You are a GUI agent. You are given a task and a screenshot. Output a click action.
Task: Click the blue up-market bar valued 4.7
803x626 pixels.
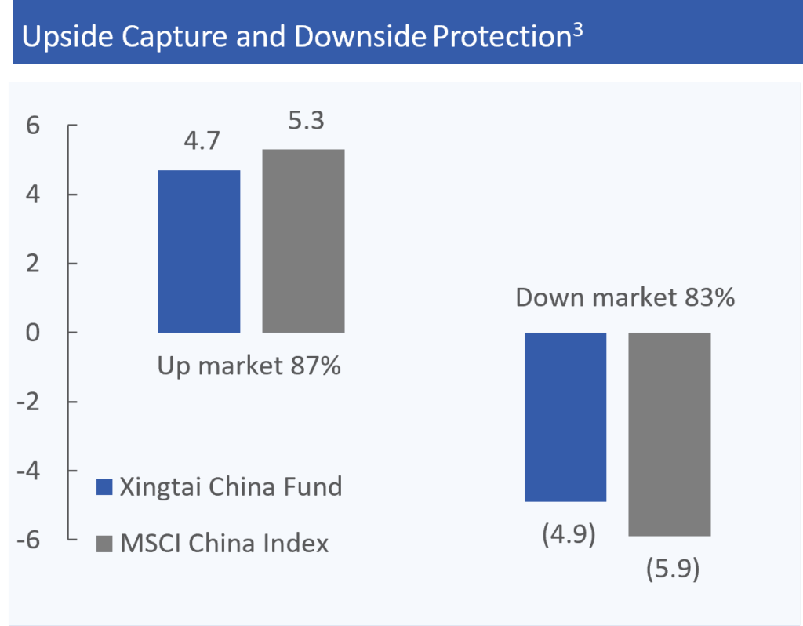198,251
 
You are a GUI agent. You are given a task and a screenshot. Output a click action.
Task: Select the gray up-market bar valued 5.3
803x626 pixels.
303,241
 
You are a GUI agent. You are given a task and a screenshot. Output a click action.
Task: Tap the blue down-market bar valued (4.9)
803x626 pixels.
565,417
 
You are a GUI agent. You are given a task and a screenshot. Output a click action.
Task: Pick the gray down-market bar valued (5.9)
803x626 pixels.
670,434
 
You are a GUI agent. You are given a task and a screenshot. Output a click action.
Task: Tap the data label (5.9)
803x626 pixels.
671,569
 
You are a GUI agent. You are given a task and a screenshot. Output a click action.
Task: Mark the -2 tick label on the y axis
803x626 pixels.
30,402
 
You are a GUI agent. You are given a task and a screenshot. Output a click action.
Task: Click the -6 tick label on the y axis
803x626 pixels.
30,540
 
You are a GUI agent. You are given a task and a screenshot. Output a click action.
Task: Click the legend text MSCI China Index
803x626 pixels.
224,543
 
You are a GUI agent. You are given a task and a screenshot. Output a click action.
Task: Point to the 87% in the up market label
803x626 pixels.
312,366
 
